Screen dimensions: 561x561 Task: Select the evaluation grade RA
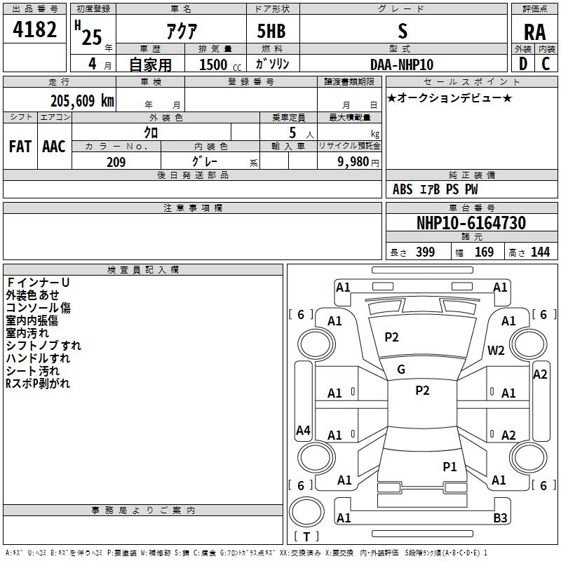point(534,32)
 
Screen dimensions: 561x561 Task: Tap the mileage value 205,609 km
point(82,101)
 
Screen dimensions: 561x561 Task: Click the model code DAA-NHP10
point(402,65)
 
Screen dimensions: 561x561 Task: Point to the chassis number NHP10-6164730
point(471,223)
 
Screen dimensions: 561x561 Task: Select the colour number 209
point(116,162)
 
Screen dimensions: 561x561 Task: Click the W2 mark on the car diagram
point(496,351)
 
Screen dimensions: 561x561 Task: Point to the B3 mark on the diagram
point(500,518)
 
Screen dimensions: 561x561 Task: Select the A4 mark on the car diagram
point(303,431)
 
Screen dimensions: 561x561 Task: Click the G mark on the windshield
point(401,369)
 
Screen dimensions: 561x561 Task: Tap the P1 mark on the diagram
point(450,466)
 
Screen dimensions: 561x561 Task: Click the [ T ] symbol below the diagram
point(306,537)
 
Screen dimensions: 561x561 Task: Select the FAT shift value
point(20,146)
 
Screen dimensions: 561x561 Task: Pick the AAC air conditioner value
point(54,146)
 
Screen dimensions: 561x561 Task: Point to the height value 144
point(540,252)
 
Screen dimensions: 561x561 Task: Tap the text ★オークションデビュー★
point(449,97)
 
